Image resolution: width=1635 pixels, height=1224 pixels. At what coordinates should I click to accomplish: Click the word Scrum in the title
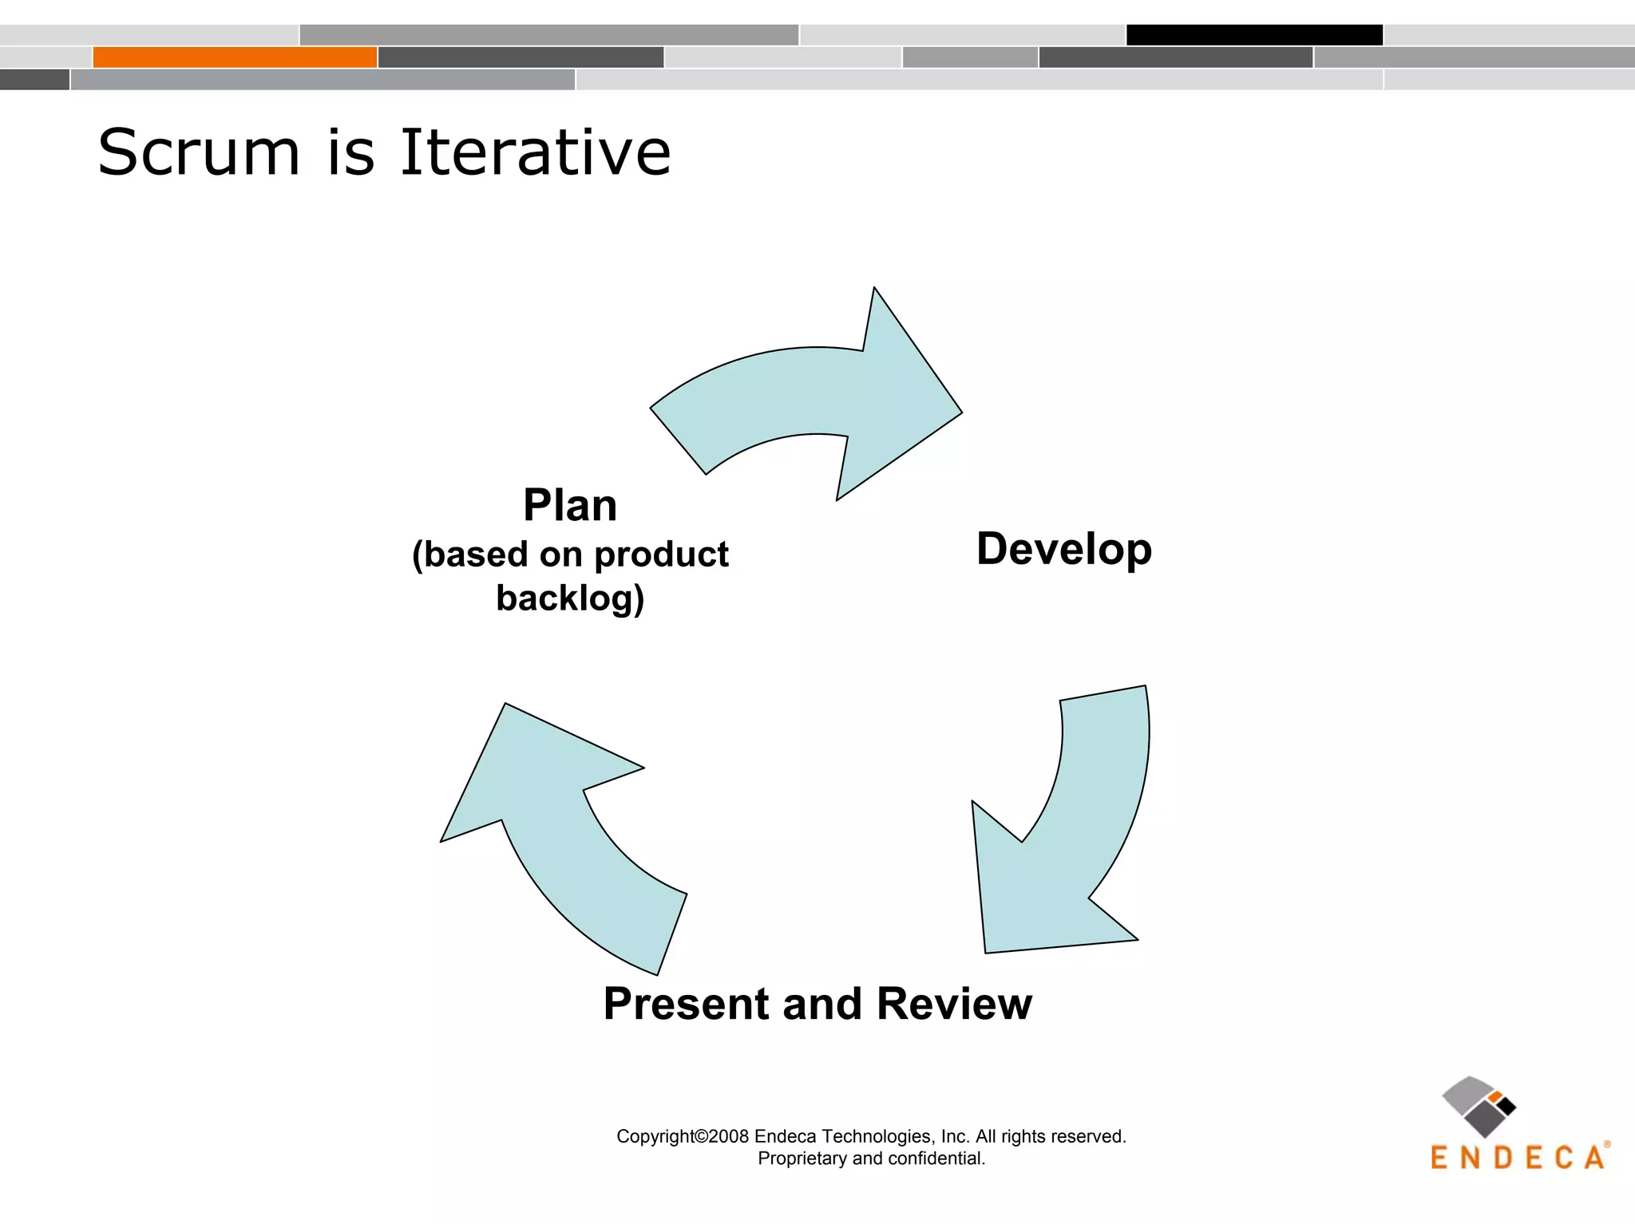coord(199,152)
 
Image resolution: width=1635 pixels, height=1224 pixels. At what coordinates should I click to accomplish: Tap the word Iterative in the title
coord(535,152)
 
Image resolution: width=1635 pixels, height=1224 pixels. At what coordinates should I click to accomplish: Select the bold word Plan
coord(570,505)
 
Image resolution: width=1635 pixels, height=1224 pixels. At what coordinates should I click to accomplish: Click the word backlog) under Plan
coord(570,598)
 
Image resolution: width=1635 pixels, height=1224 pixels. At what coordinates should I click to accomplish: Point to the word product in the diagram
coord(661,555)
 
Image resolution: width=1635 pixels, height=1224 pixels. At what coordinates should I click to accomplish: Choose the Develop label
coord(1063,550)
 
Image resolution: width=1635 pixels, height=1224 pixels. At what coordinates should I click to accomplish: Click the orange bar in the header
coord(235,57)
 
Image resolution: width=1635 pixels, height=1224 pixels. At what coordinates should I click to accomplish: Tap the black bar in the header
coord(1254,35)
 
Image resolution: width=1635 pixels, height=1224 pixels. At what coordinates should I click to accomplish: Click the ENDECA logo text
coord(1518,1158)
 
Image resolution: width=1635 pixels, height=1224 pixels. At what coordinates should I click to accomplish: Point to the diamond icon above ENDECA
coord(1479,1106)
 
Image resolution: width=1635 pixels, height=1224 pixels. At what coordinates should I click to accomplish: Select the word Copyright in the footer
coord(655,1136)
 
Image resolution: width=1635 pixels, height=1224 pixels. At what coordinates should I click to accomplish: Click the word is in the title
coord(350,152)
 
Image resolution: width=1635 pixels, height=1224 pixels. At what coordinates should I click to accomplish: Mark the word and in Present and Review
coord(822,1003)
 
